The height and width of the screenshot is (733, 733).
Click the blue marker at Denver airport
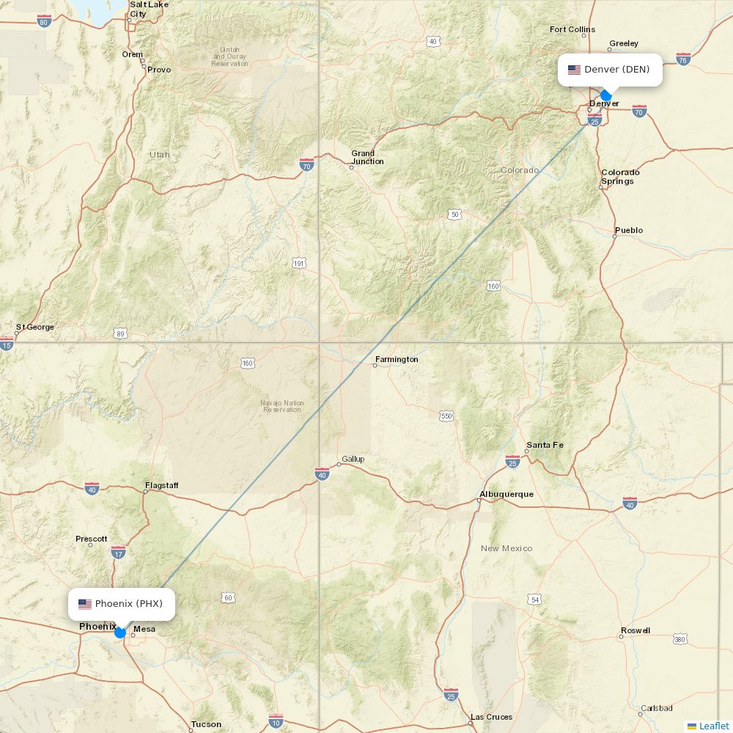click(x=605, y=95)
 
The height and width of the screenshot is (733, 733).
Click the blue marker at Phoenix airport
click(x=120, y=632)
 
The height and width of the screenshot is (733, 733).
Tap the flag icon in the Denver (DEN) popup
click(x=574, y=70)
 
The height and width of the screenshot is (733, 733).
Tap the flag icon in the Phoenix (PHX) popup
click(x=85, y=604)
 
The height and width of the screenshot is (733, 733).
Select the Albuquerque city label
click(x=507, y=494)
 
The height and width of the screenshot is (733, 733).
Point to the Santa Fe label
click(x=545, y=445)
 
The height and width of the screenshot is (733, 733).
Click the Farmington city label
click(x=397, y=360)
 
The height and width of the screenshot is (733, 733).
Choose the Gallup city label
click(x=353, y=460)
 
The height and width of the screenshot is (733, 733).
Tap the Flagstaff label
click(x=161, y=485)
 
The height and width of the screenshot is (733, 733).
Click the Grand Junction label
click(x=367, y=158)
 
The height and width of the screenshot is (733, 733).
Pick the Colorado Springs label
click(x=620, y=177)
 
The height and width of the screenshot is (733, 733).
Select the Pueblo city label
click(x=629, y=230)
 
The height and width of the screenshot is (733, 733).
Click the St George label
click(x=35, y=327)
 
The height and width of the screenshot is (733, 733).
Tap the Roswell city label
click(x=635, y=630)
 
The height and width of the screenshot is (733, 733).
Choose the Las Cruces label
click(x=491, y=717)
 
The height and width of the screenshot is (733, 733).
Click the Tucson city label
click(x=206, y=724)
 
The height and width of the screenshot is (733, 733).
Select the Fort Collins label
click(x=572, y=29)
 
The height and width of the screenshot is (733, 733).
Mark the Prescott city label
click(x=92, y=539)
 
